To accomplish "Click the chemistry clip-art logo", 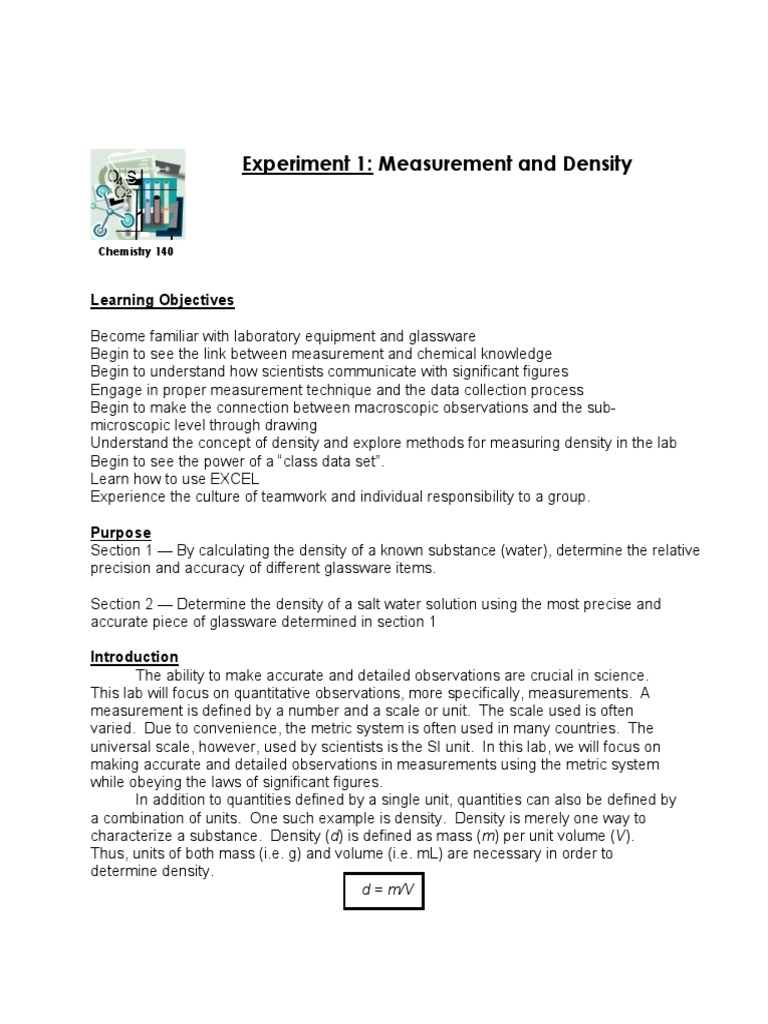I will (x=137, y=194).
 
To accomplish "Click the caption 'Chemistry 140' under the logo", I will (x=136, y=252).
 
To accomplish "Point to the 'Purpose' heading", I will (x=120, y=533).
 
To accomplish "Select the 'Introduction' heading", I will (x=134, y=657).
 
